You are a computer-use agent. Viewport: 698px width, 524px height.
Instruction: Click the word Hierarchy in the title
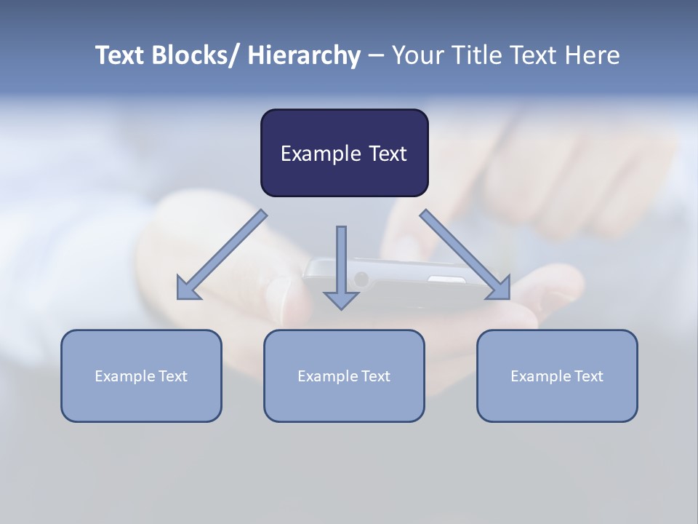tap(304, 55)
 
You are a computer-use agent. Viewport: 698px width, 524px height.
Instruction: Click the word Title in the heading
tap(476, 55)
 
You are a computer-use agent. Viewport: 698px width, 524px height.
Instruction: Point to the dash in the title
tap(376, 56)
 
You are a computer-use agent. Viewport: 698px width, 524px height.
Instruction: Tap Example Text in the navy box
tap(344, 154)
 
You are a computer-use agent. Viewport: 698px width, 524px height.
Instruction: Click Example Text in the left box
tap(141, 376)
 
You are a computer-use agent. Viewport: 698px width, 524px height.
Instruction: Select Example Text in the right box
tap(557, 376)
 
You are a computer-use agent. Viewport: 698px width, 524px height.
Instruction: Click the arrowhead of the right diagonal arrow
tap(500, 289)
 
